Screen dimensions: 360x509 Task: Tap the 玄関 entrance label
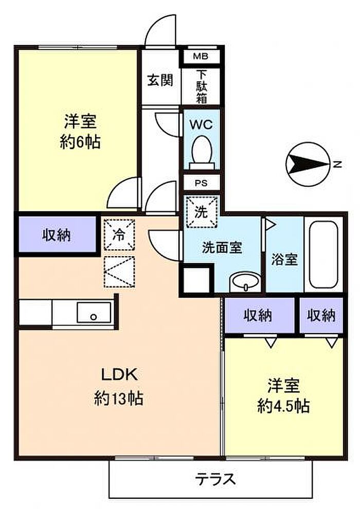pyautogui.click(x=160, y=80)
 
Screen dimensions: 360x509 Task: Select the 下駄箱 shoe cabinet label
pyautogui.click(x=202, y=87)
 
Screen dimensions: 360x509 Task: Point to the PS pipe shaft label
pyautogui.click(x=201, y=183)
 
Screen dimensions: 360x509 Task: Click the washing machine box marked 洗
pyautogui.click(x=201, y=211)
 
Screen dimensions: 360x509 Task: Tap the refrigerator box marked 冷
pyautogui.click(x=119, y=234)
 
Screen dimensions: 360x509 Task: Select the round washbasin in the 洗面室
pyautogui.click(x=245, y=281)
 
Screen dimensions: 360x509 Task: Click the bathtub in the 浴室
pyautogui.click(x=323, y=254)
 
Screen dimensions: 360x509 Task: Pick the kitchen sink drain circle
pyautogui.click(x=94, y=317)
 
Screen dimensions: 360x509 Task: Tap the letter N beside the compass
pyautogui.click(x=338, y=164)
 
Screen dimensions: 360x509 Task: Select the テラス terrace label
pyautogui.click(x=215, y=479)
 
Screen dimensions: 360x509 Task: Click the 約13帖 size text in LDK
pyautogui.click(x=118, y=398)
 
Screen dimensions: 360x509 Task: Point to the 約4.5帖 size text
pyautogui.click(x=283, y=406)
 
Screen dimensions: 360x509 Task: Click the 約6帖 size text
pyautogui.click(x=80, y=142)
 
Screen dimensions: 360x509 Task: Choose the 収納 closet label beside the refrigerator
pyautogui.click(x=57, y=235)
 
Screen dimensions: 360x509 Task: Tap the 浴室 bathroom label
pyautogui.click(x=284, y=259)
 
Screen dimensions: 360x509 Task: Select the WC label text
pyautogui.click(x=201, y=124)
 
